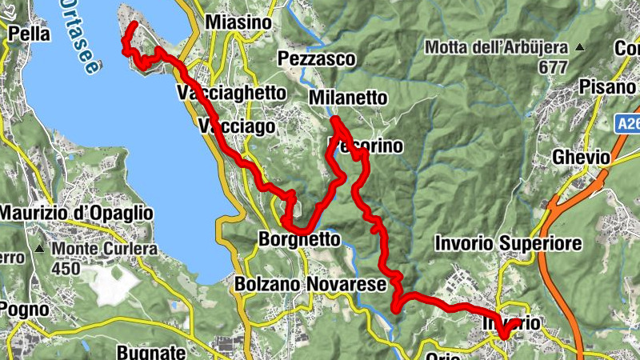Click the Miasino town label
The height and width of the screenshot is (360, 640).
[x=238, y=23]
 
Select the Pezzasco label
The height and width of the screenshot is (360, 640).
[x=316, y=58]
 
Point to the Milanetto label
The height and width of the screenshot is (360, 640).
[x=348, y=98]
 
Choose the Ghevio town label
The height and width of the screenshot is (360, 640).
[x=582, y=158]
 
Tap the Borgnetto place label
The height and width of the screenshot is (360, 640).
[x=300, y=238]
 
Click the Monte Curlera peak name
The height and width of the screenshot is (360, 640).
[x=105, y=249]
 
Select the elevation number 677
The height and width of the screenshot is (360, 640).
[x=552, y=68]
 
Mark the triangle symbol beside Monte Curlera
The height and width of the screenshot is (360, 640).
[x=39, y=249]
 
